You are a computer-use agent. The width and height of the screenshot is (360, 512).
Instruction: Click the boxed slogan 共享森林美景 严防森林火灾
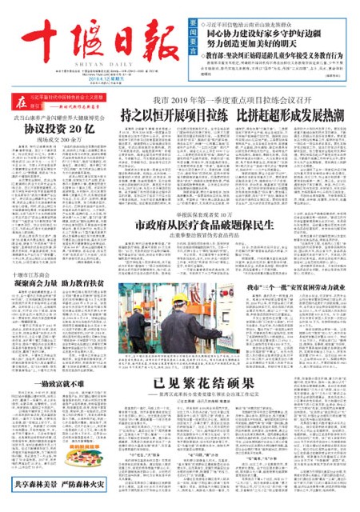pos(61,504)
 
